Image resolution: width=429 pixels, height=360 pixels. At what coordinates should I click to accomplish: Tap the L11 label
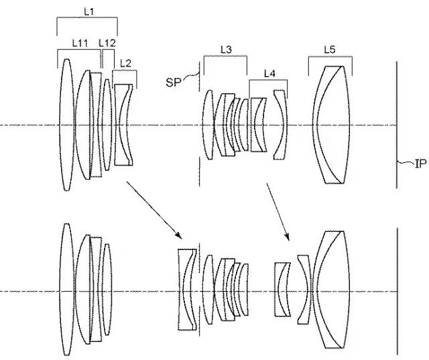79,42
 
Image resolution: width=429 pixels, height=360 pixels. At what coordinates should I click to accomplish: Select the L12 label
107,42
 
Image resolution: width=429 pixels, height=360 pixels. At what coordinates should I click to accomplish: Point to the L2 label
125,64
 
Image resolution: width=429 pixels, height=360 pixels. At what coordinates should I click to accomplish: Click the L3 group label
226,49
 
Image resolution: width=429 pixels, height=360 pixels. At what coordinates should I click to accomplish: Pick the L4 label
269,72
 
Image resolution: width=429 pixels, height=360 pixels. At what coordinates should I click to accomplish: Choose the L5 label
329,49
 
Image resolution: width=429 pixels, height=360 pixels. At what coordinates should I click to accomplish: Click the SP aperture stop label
173,80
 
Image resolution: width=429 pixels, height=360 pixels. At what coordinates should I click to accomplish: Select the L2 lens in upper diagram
123,125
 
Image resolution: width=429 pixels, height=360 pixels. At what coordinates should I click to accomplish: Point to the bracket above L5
330,58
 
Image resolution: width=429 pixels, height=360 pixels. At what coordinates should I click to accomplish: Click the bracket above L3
225,58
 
